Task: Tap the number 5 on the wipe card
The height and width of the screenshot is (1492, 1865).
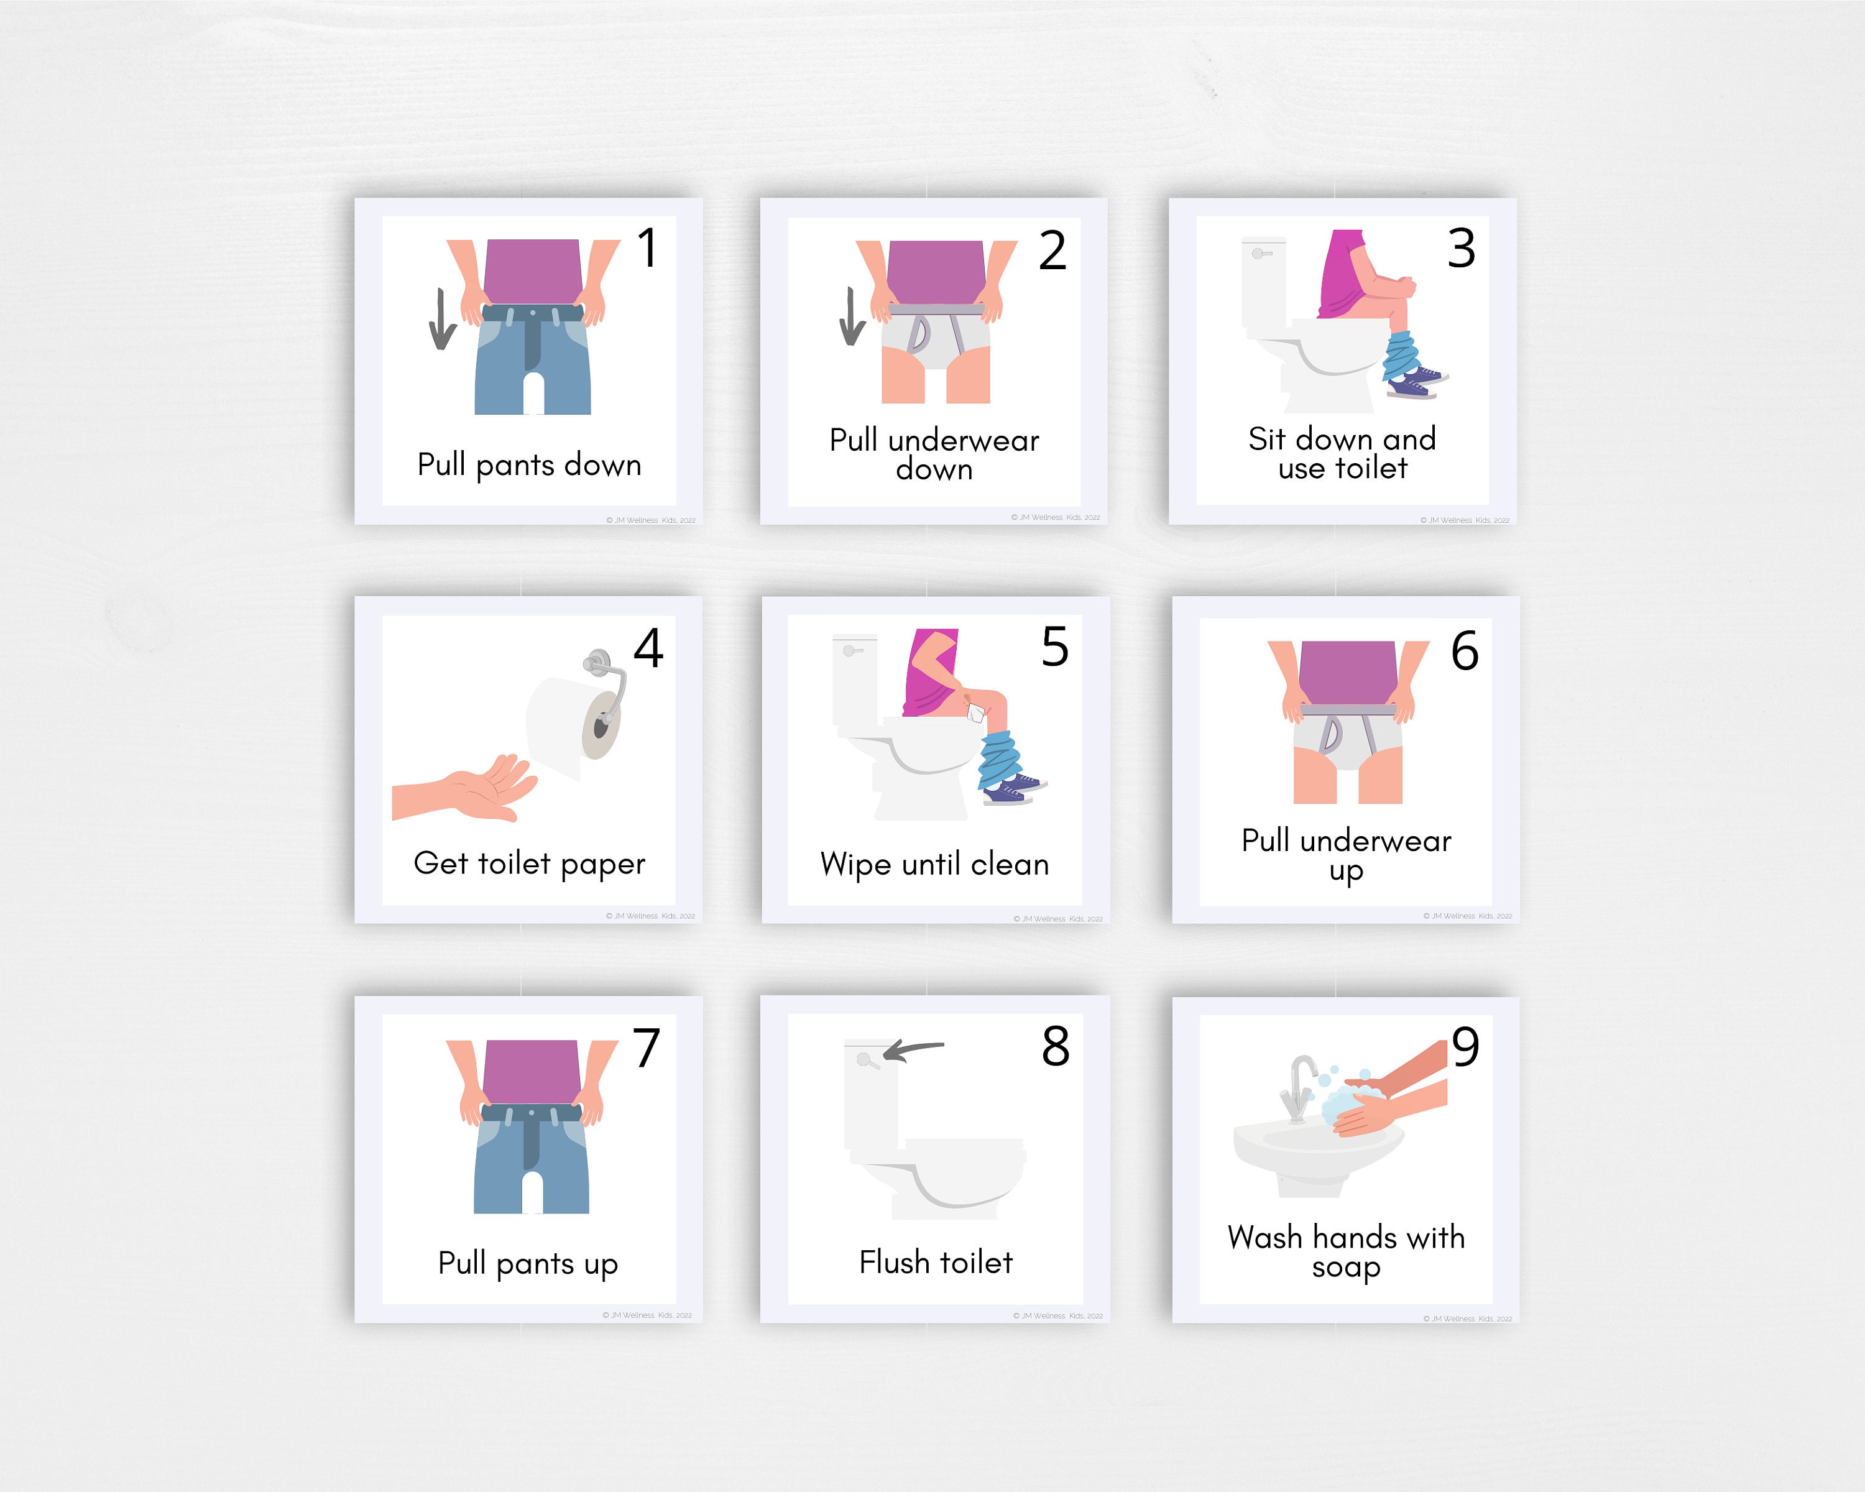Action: [1054, 647]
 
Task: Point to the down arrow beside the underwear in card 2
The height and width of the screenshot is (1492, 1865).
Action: [851, 316]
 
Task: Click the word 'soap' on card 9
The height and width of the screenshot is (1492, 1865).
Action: [1346, 1268]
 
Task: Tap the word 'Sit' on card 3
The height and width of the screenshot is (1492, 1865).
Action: [1267, 440]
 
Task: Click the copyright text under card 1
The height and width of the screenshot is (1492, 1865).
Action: [650, 521]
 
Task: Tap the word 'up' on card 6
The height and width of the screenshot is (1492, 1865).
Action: [1346, 871]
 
